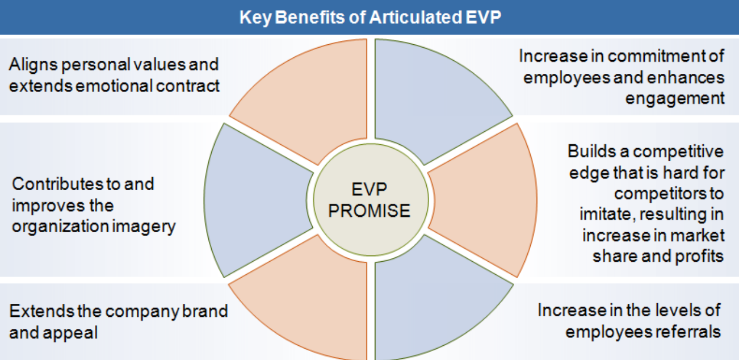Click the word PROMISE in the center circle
pyautogui.click(x=369, y=211)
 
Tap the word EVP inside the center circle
pyautogui.click(x=369, y=189)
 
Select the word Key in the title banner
pyautogui.click(x=255, y=18)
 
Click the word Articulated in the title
pyautogui.click(x=415, y=17)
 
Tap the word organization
pyautogui.click(x=61, y=227)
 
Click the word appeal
pyautogui.click(x=70, y=333)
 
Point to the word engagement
pyautogui.click(x=675, y=99)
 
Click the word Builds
pyautogui.click(x=592, y=151)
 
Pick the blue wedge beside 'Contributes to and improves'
pyautogui.click(x=254, y=200)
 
